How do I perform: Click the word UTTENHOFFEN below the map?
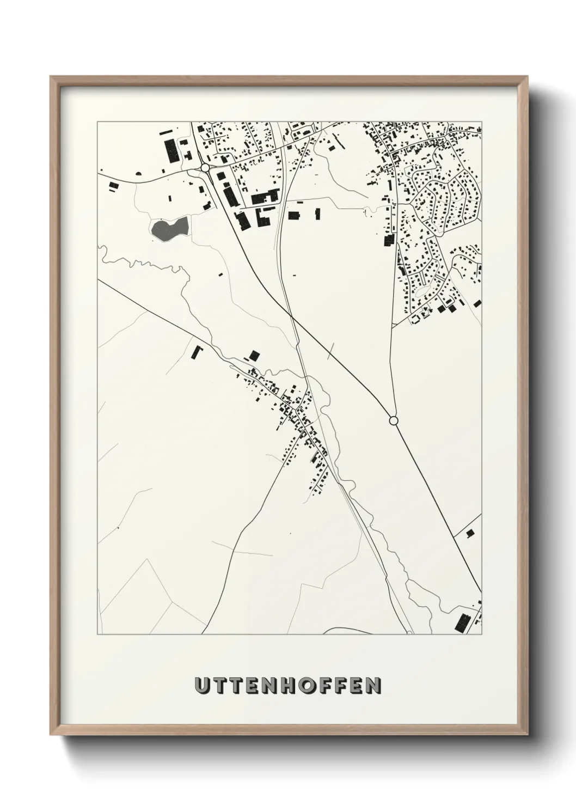click(x=288, y=686)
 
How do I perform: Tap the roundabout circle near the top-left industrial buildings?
click(x=205, y=168)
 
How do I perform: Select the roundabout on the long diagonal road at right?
click(x=394, y=420)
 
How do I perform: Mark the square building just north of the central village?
click(x=253, y=356)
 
